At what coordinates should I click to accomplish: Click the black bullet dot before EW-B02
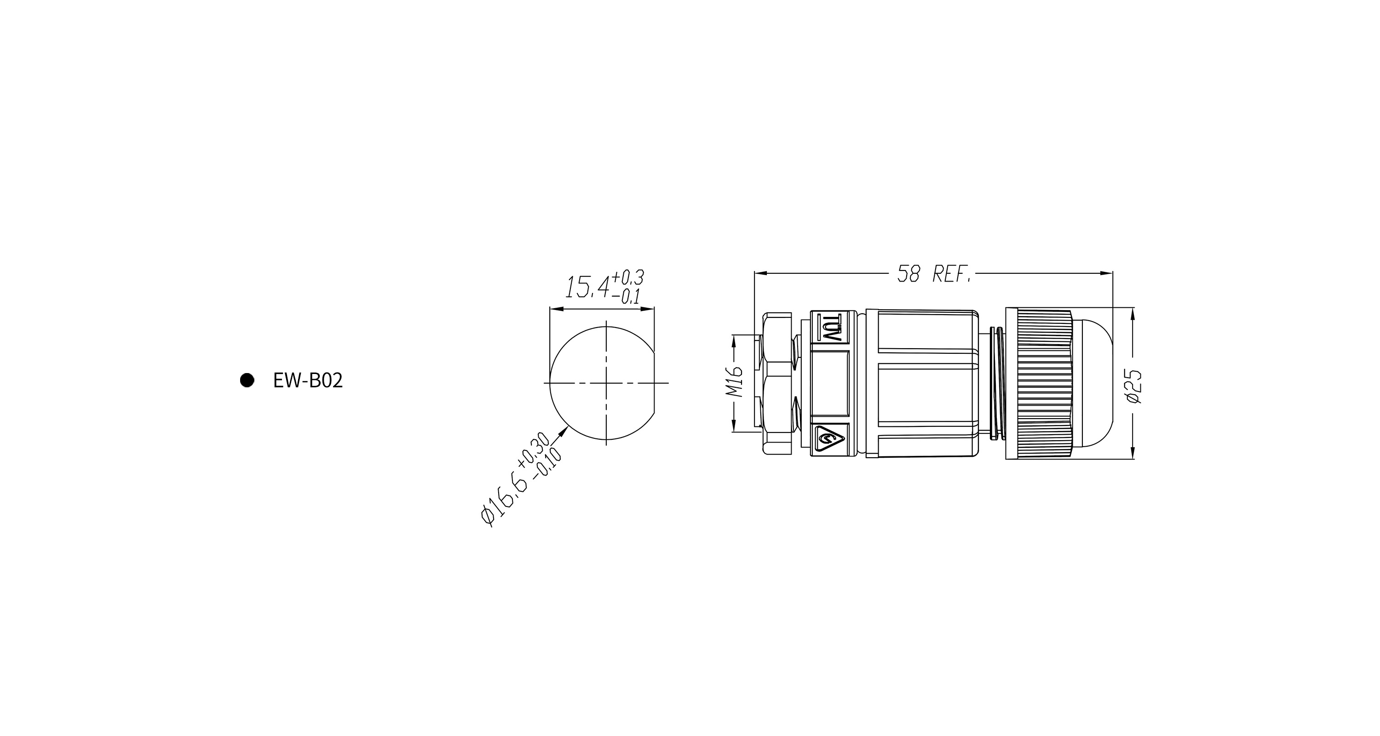[x=247, y=380]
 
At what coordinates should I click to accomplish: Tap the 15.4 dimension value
[x=588, y=287]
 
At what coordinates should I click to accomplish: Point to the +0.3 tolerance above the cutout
[x=628, y=278]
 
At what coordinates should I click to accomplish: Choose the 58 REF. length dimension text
[x=934, y=274]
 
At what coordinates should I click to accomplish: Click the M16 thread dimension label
[x=735, y=382]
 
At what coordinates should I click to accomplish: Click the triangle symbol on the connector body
[x=830, y=440]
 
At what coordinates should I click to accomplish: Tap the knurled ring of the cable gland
[x=1039, y=384]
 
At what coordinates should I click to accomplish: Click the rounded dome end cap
[x=1092, y=384]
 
